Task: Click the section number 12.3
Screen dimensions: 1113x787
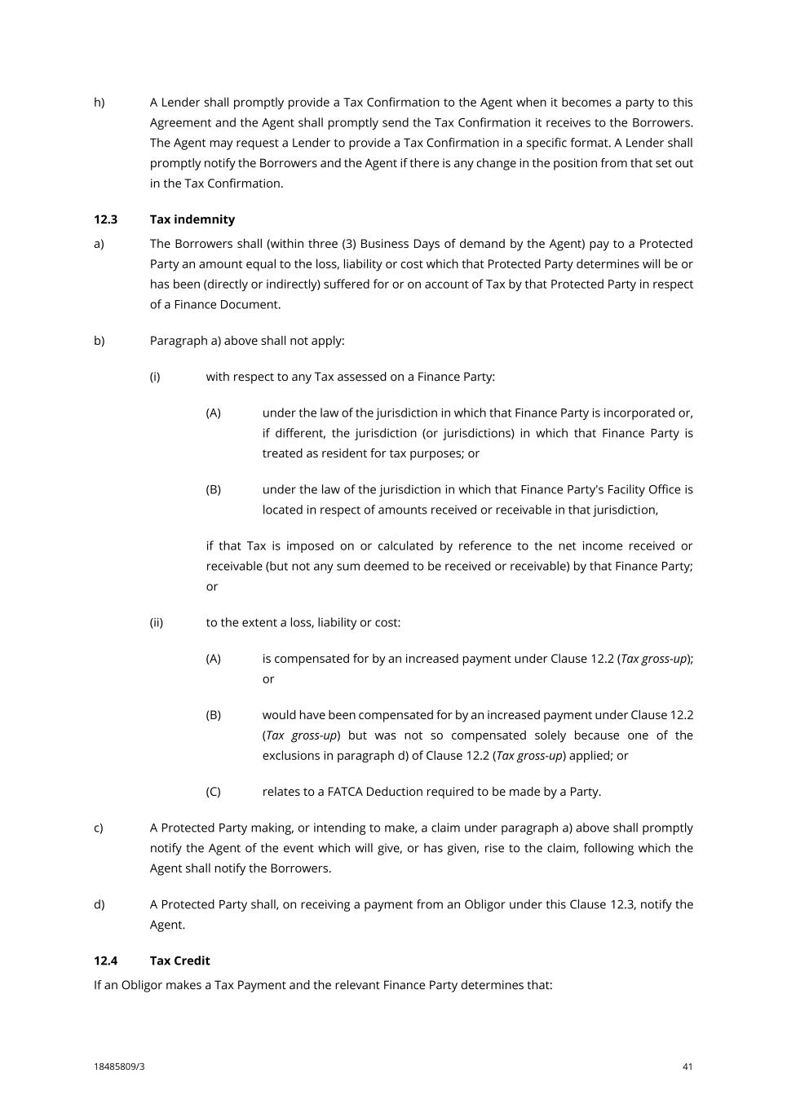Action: click(105, 219)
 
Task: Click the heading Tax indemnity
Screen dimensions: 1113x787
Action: click(192, 219)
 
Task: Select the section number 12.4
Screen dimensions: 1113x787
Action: click(105, 961)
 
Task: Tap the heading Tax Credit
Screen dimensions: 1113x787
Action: click(179, 961)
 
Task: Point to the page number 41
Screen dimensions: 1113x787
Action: click(688, 1067)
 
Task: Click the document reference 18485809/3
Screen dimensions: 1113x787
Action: click(119, 1067)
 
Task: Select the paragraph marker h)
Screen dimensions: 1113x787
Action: click(99, 103)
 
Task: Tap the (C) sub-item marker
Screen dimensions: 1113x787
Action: click(213, 792)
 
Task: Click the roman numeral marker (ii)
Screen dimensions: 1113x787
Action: click(156, 623)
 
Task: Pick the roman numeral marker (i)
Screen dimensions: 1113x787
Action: click(154, 377)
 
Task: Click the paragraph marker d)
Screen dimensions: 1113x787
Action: click(99, 904)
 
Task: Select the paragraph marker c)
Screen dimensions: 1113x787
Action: click(98, 828)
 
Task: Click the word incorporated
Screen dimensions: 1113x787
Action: click(639, 413)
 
